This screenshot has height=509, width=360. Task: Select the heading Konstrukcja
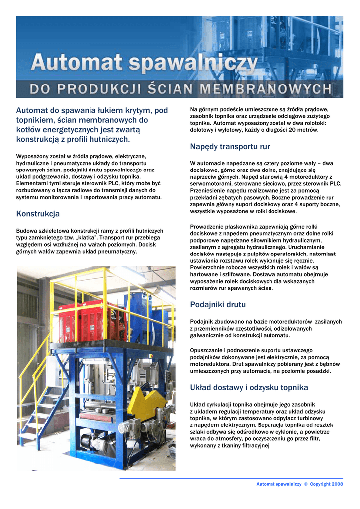pos(38,214)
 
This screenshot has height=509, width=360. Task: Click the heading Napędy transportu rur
pos(230,146)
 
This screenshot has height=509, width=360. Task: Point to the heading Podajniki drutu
pos(218,304)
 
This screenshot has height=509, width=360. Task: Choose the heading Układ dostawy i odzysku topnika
pos(249,387)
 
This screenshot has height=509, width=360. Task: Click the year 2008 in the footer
pos(337,484)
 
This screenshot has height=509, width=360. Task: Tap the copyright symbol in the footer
pos(306,484)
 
